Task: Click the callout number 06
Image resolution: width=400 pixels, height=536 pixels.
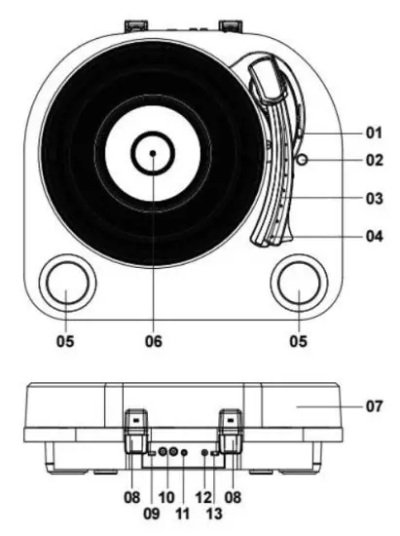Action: pyautogui.click(x=153, y=342)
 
